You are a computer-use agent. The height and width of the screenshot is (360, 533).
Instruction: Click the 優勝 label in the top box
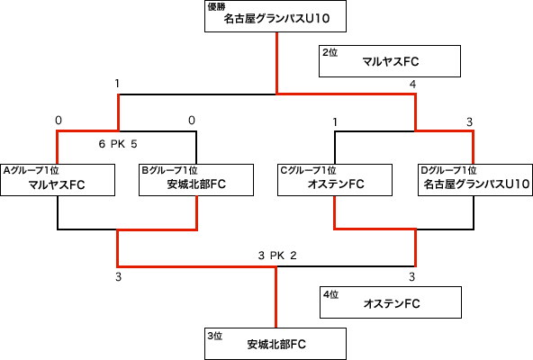(216, 7)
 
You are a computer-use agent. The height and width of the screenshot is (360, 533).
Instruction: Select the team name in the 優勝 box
(276, 18)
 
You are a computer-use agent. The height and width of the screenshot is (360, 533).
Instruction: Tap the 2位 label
(330, 52)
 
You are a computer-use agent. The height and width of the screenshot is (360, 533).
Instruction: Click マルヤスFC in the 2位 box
(391, 62)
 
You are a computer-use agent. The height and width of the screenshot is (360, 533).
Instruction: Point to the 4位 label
(330, 294)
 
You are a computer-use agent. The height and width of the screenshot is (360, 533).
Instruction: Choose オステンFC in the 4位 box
(392, 303)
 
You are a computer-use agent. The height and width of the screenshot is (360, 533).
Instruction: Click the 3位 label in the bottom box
(215, 336)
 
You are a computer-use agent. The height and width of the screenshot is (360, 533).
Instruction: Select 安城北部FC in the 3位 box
(276, 345)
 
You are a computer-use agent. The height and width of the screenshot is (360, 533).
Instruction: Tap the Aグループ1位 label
(31, 170)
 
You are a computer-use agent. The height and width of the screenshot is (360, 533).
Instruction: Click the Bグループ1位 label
(169, 170)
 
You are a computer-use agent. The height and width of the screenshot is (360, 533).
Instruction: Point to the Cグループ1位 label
(308, 170)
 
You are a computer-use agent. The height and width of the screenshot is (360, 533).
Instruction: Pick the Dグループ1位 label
(448, 170)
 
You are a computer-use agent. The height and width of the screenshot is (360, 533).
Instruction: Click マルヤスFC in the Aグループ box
(57, 184)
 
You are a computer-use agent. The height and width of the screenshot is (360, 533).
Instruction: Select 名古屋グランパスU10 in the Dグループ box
(476, 184)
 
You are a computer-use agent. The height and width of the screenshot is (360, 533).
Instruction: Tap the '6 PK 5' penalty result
(118, 144)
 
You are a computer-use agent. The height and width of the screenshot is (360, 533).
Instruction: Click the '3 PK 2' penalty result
(277, 256)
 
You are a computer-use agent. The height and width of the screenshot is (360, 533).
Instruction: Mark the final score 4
(412, 84)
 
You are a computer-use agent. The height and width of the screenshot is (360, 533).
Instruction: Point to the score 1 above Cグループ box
(335, 122)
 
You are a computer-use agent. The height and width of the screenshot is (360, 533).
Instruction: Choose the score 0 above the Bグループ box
(192, 121)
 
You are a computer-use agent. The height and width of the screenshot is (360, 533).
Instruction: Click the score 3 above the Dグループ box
(469, 122)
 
